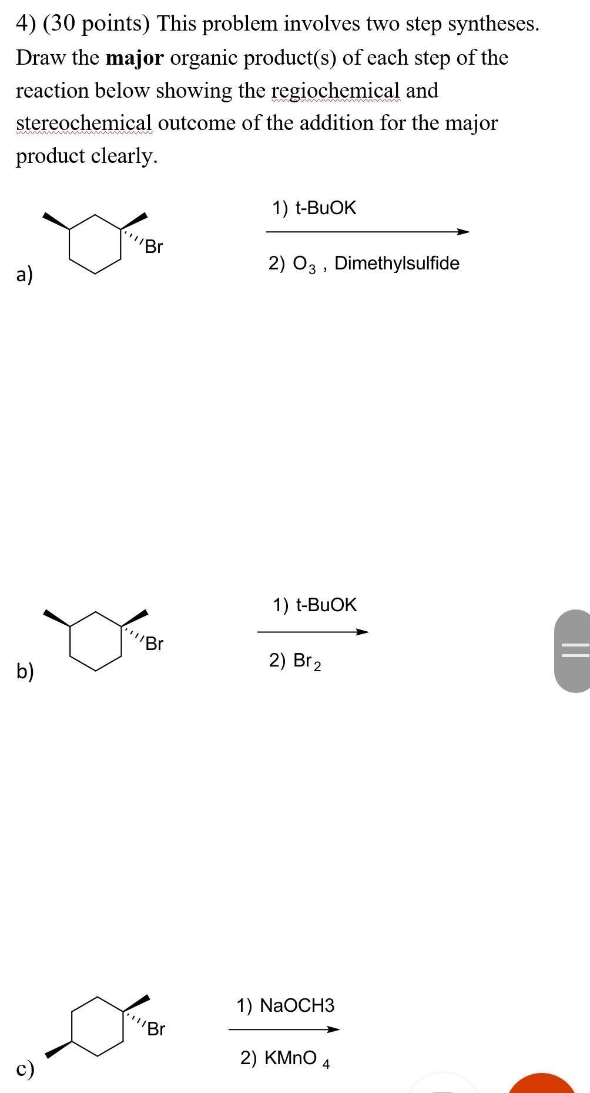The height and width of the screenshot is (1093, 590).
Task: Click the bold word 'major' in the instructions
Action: pos(135,58)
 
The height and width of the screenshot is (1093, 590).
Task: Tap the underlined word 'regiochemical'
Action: pos(335,91)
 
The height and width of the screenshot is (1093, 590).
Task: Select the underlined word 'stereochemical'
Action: pos(83,123)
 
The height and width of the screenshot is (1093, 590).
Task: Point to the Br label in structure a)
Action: pos(153,246)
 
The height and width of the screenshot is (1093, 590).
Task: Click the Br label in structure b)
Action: pos(154,644)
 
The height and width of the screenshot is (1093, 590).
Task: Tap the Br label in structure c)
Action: pos(156,1029)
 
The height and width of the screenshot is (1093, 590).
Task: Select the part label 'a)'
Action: pos(25,274)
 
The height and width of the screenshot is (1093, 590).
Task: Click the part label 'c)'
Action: pos(25,1068)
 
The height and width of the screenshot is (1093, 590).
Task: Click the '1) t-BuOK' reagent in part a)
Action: pos(314,208)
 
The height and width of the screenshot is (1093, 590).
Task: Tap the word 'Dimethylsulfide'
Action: pos(397,263)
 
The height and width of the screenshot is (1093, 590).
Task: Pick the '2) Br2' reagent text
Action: pos(295,661)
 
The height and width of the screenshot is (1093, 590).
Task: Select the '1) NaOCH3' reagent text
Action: pos(285,1005)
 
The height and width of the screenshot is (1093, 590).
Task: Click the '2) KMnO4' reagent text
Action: pos(284,1058)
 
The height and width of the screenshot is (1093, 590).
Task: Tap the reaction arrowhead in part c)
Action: pos(333,1029)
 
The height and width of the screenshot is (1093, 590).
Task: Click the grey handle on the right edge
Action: pos(574,651)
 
